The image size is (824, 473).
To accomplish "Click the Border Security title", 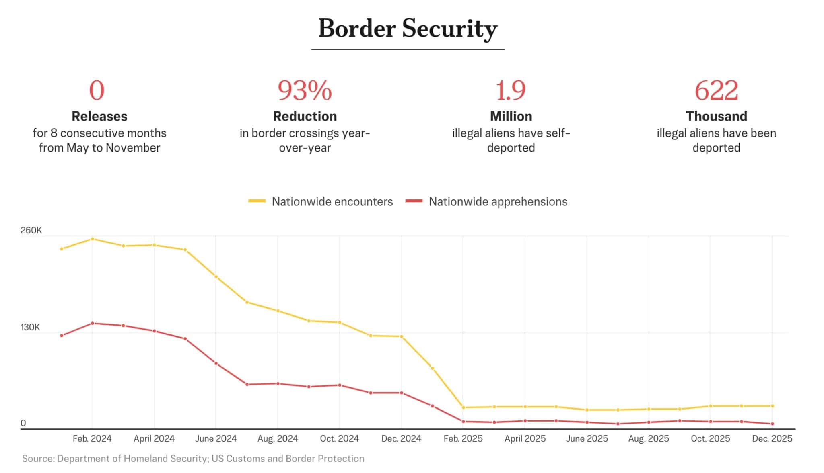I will [x=408, y=29].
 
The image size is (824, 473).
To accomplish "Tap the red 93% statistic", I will [x=305, y=90].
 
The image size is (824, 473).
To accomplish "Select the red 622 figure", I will [x=716, y=90].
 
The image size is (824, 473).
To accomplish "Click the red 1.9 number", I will [x=511, y=90].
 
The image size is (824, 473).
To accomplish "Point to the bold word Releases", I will [x=99, y=116].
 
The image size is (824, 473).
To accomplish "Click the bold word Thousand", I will [x=716, y=116].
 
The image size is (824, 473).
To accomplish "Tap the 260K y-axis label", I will [x=31, y=230].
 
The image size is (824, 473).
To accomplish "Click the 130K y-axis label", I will [x=30, y=327].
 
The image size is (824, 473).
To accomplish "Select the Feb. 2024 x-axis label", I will [x=92, y=438].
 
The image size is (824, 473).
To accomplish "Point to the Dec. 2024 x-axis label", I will [x=401, y=438].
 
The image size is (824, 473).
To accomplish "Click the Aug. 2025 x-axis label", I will [x=649, y=438].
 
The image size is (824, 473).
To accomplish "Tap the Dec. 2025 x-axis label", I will [x=772, y=438].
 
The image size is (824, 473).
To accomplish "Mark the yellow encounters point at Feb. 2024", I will [x=93, y=239].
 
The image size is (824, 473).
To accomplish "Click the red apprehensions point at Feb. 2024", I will [x=93, y=323].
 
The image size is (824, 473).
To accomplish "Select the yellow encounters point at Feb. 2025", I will [x=463, y=407].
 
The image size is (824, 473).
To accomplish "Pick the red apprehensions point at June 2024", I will [x=216, y=363].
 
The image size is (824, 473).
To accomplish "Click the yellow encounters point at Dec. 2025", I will [x=772, y=406].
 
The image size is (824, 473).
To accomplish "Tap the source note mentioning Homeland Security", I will [x=193, y=459].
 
